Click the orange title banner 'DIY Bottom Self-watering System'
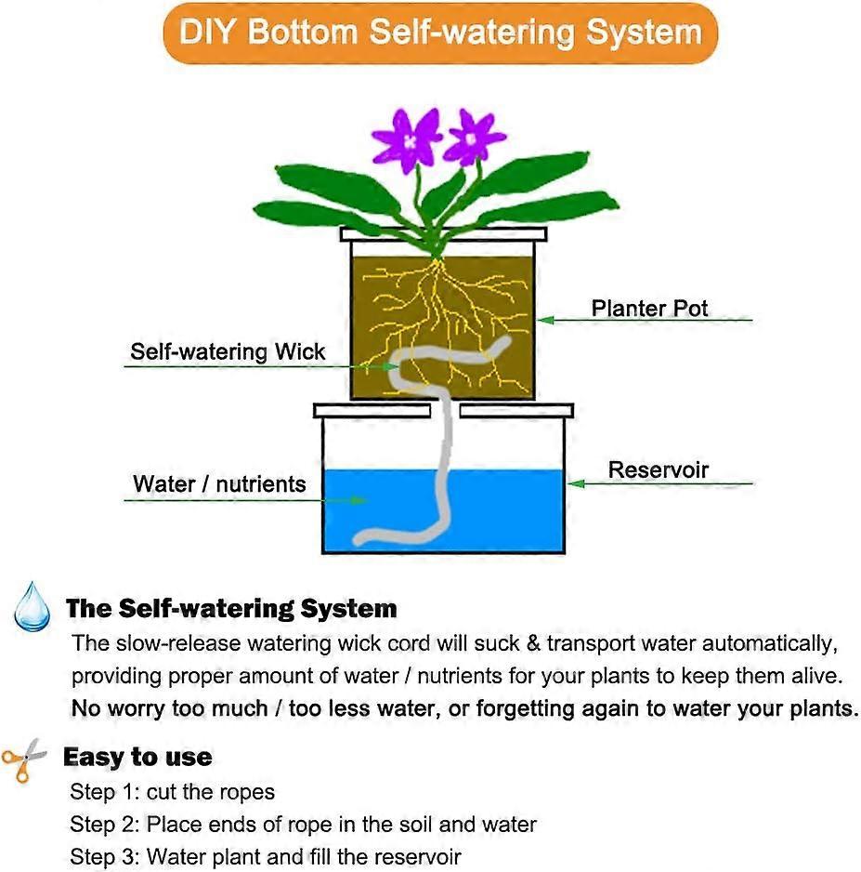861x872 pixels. [440, 33]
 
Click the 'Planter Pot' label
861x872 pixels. [649, 308]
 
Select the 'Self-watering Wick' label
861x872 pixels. [228, 351]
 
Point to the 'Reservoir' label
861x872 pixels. [659, 469]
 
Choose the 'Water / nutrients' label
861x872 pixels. [219, 483]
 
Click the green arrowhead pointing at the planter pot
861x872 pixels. [545, 320]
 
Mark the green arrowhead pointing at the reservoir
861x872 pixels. [576, 483]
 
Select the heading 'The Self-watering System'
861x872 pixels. [231, 608]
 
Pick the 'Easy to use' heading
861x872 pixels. [137, 757]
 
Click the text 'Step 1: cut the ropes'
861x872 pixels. [172, 792]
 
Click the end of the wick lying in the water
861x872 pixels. [359, 539]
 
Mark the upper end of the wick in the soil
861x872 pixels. [505, 340]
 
